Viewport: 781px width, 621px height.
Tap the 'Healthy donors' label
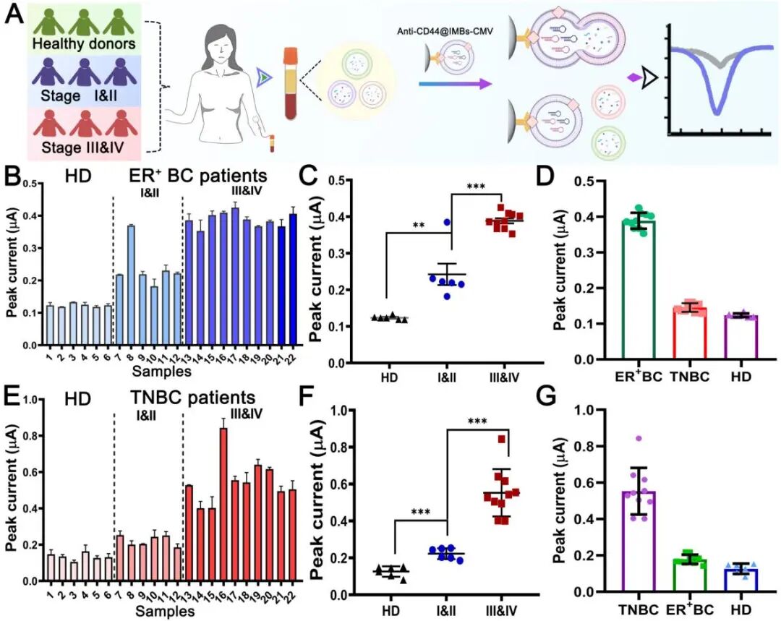point(84,44)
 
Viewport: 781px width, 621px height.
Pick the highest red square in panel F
point(501,439)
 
